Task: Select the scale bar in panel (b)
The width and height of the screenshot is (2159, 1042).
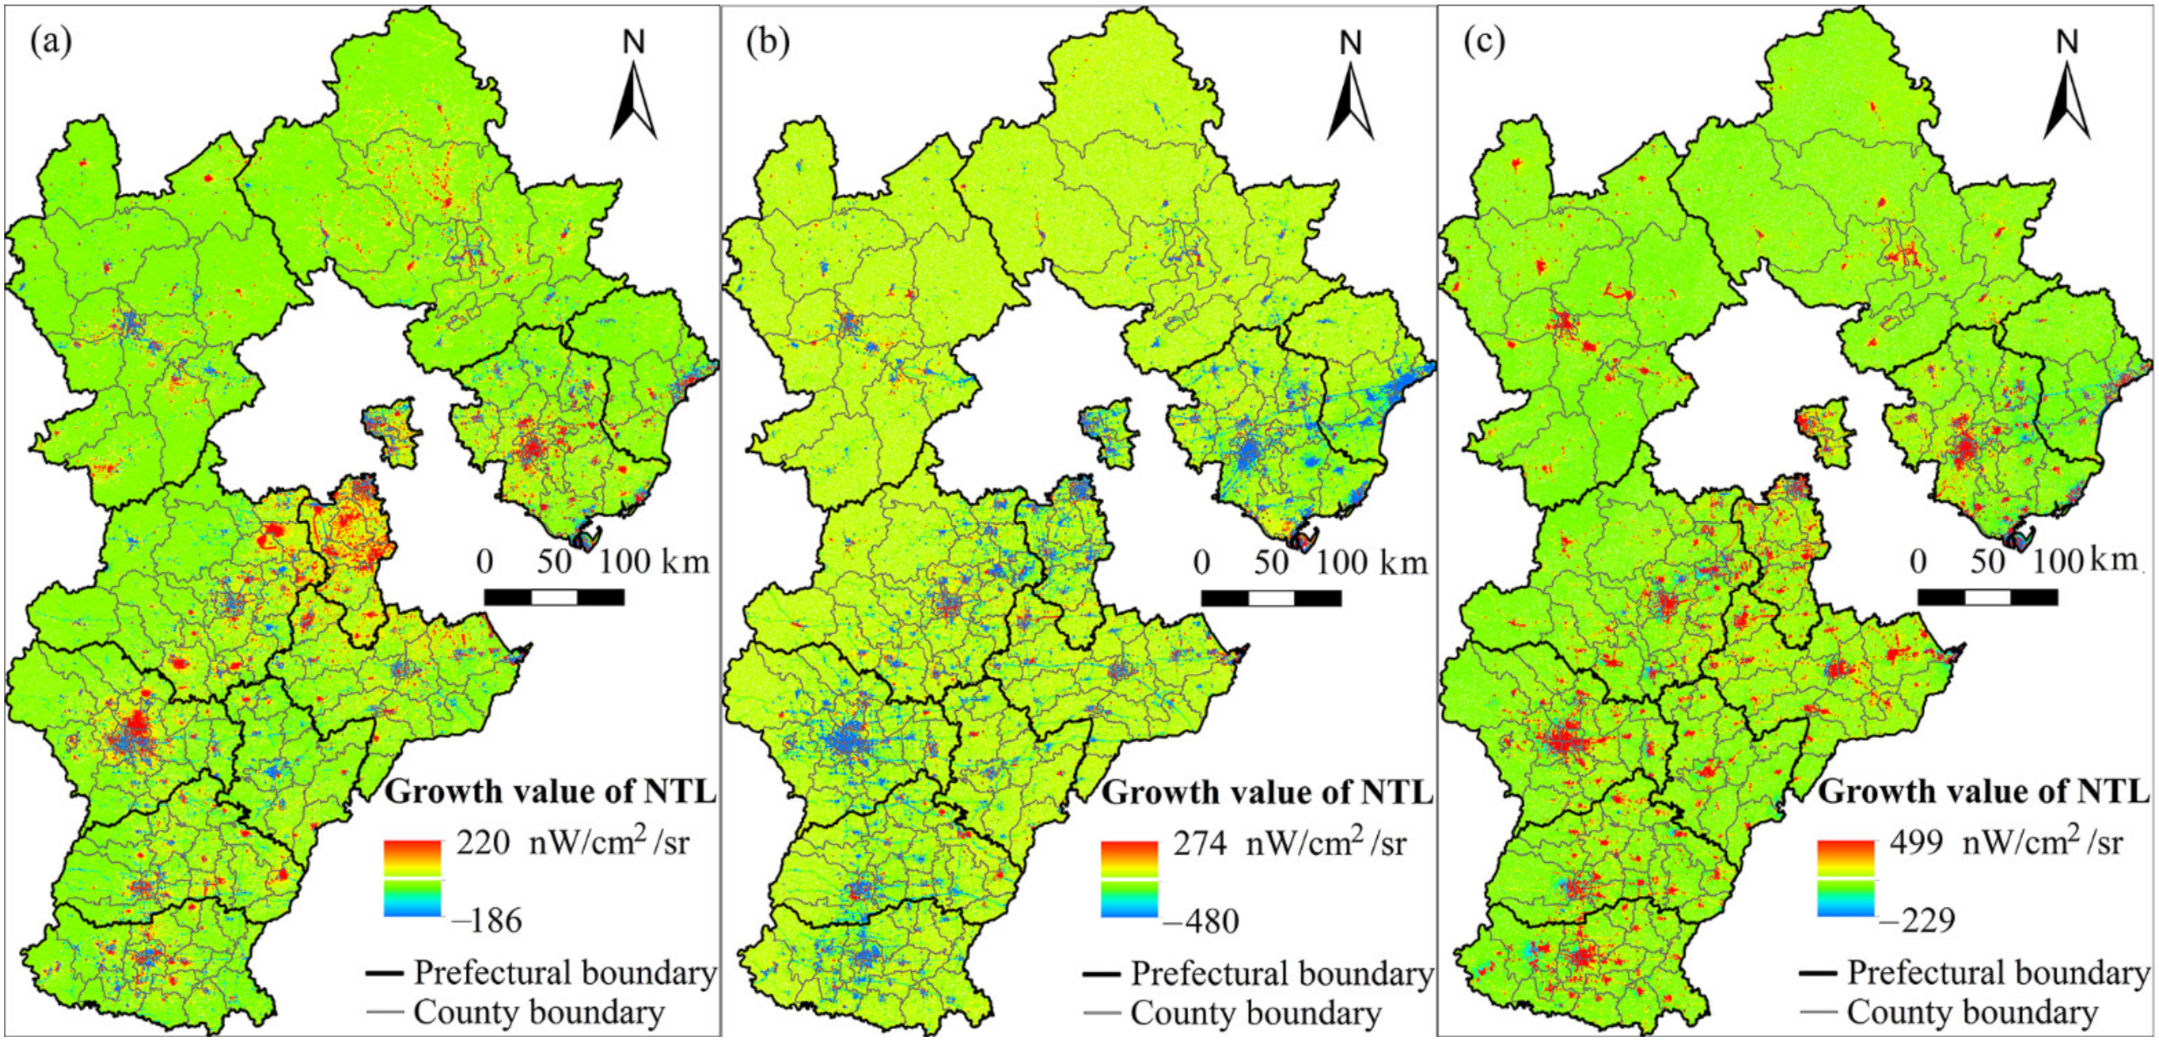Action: (x=1270, y=598)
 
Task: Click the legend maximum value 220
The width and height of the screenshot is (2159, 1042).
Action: (x=483, y=842)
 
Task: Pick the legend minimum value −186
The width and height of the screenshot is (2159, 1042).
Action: (x=486, y=921)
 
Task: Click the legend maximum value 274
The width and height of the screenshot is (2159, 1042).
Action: (x=1200, y=842)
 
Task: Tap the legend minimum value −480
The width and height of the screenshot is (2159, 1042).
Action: (x=1201, y=921)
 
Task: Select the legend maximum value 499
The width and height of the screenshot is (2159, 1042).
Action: (x=1916, y=842)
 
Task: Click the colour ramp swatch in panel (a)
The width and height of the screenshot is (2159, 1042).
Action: (x=411, y=878)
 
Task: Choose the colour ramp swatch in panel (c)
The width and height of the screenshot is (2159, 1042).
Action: (x=1846, y=878)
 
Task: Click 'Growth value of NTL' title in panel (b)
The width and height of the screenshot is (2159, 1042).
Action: (x=1267, y=792)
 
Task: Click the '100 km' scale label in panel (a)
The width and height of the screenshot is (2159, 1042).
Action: (x=654, y=561)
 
